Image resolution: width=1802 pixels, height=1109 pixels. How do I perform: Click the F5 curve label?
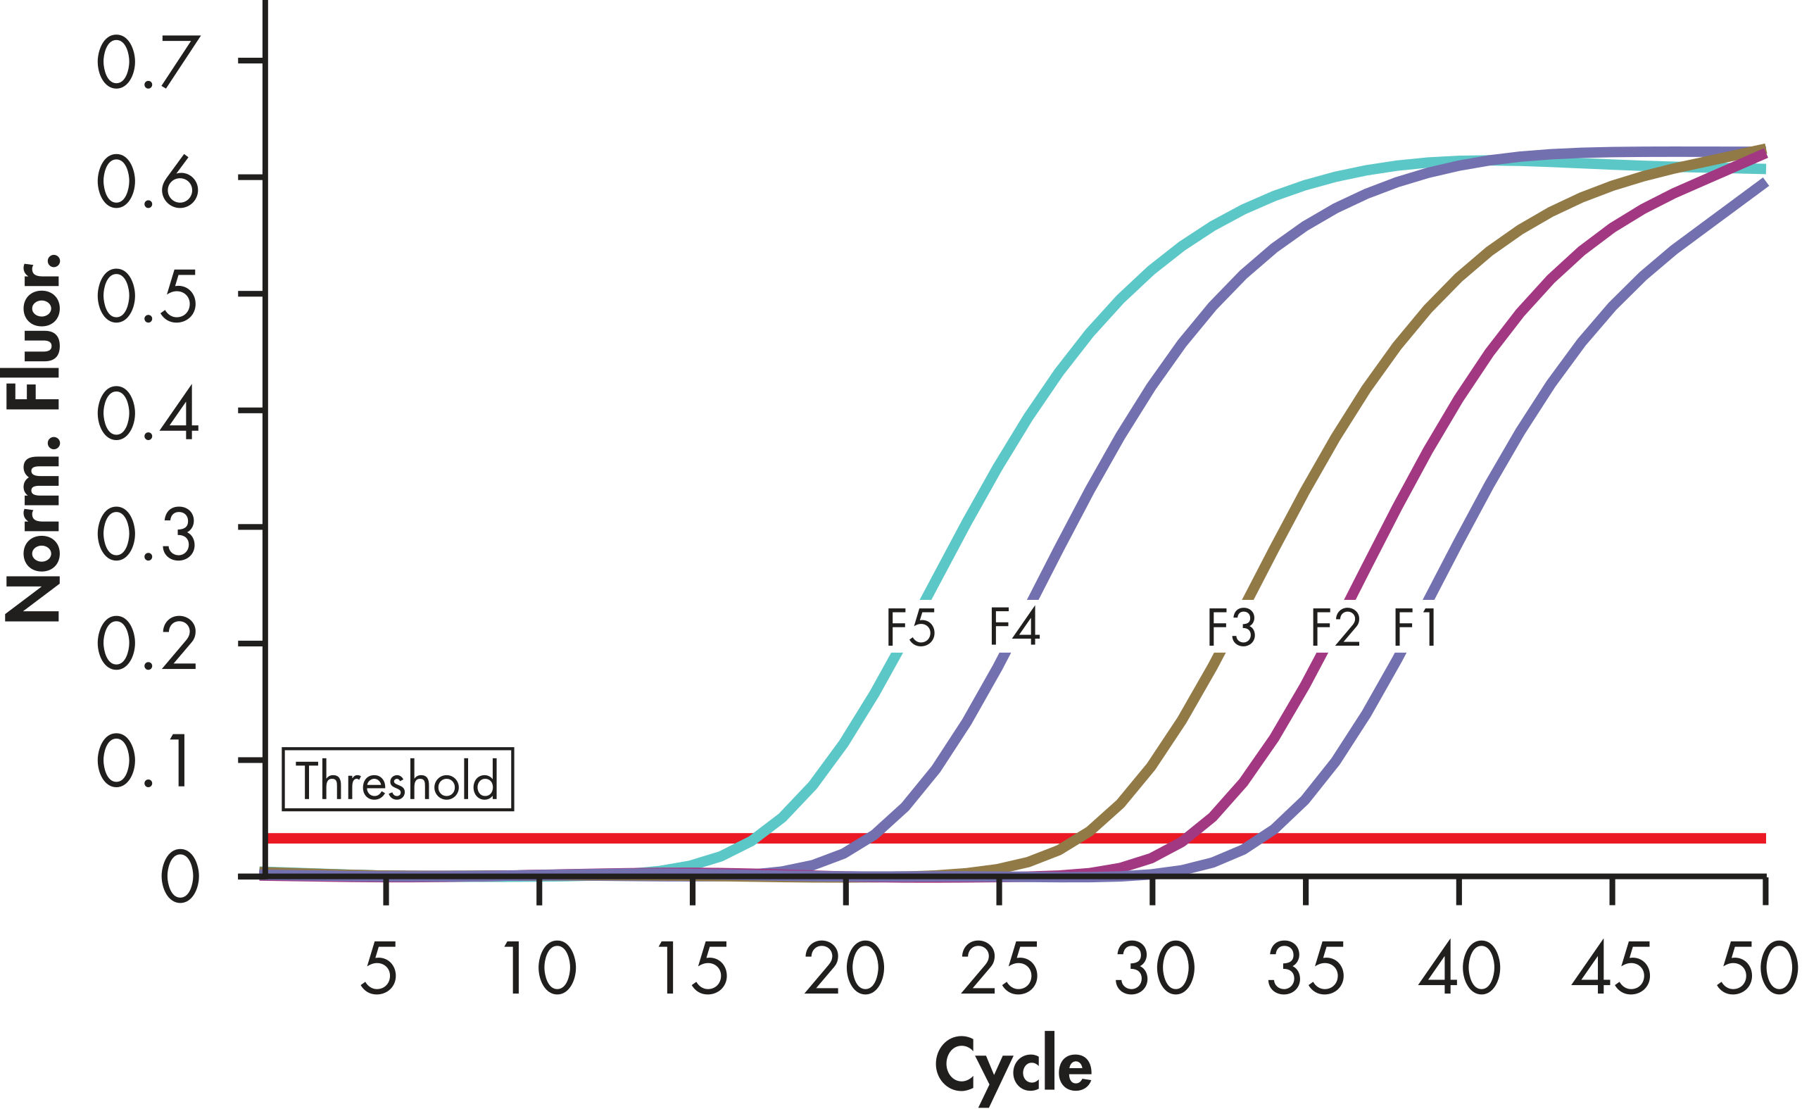pyautogui.click(x=911, y=628)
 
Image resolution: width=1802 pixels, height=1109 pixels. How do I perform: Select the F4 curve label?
pyautogui.click(x=1014, y=628)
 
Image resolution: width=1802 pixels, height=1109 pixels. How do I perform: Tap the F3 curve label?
pyautogui.click(x=1232, y=628)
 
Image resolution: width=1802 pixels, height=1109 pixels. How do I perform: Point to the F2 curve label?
pyautogui.click(x=1336, y=628)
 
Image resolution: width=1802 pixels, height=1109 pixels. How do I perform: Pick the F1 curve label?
pyautogui.click(x=1415, y=628)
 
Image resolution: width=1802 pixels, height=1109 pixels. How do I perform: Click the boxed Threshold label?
pyautogui.click(x=398, y=779)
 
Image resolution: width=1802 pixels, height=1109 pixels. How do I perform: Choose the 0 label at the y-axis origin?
pyautogui.click(x=179, y=878)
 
